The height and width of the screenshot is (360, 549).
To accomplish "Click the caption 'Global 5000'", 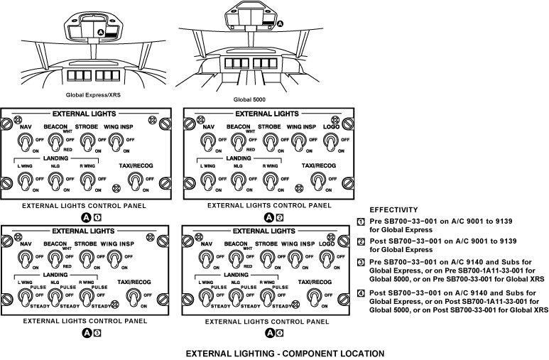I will (249, 100).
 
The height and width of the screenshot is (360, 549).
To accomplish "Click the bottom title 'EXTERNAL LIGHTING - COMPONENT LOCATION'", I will (284, 353).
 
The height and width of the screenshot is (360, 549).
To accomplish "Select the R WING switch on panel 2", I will (269, 183).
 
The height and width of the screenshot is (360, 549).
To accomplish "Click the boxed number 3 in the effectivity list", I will (360, 262).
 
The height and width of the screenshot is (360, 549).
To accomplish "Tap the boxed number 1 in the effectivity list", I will (360, 222).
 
